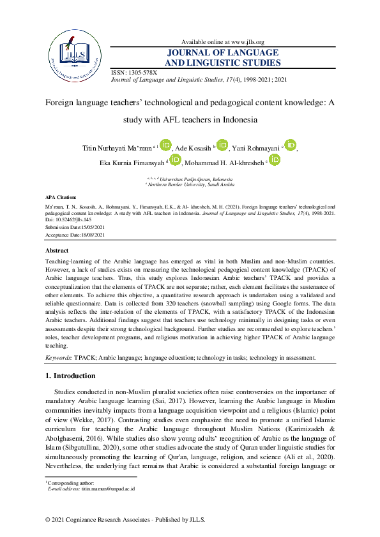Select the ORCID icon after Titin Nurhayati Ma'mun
[165, 145]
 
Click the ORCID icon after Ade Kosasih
[222, 145]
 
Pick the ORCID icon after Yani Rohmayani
[290, 145]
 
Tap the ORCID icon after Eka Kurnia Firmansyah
[175, 159]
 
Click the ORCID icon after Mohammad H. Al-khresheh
[275, 159]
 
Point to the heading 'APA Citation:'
[61, 198]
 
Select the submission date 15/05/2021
[87, 227]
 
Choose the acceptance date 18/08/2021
[87, 235]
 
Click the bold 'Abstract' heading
[58, 251]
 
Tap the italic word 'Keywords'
[58, 359]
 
